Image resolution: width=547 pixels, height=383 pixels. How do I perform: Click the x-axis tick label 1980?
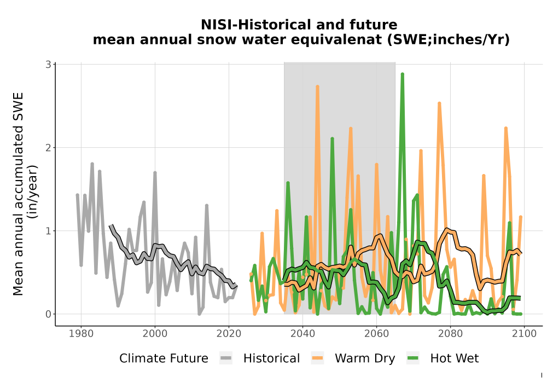pyautogui.click(x=82, y=333)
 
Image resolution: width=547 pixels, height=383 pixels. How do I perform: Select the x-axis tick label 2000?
pyautogui.click(x=155, y=333)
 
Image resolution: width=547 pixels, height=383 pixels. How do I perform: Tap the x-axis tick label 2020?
pyautogui.click(x=229, y=333)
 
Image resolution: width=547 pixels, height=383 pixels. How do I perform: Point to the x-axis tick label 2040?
pyautogui.click(x=303, y=333)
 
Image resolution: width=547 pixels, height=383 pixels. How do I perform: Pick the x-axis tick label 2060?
pyautogui.click(x=376, y=333)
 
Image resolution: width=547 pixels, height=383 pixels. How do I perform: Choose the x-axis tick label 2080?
pyautogui.click(x=450, y=333)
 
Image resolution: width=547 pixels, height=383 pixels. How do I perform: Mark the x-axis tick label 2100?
pyautogui.click(x=524, y=333)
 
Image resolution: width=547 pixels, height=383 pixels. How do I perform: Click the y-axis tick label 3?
pyautogui.click(x=48, y=64)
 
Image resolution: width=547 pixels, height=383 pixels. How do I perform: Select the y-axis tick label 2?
pyautogui.click(x=48, y=148)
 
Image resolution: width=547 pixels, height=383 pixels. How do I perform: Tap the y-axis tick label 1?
pyautogui.click(x=48, y=231)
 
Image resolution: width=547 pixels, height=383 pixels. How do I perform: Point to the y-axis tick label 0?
pyautogui.click(x=48, y=314)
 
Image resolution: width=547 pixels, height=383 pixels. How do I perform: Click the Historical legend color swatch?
pyautogui.click(x=226, y=358)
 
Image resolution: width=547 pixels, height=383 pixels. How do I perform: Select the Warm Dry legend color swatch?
pyautogui.click(x=317, y=358)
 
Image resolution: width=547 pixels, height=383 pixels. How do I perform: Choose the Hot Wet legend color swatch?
pyautogui.click(x=412, y=358)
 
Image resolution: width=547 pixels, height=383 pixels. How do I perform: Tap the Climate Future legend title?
pyautogui.click(x=164, y=358)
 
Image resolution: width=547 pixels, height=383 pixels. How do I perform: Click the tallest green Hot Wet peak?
pyautogui.click(x=402, y=74)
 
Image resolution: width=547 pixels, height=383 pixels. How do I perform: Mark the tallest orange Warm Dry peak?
pyautogui.click(x=317, y=86)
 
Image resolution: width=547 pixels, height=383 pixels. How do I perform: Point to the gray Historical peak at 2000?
pyautogui.click(x=155, y=173)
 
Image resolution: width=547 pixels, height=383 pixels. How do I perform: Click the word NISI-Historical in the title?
pyautogui.click(x=251, y=25)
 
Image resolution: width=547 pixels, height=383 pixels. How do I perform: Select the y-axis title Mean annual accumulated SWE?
pyautogui.click(x=18, y=194)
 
